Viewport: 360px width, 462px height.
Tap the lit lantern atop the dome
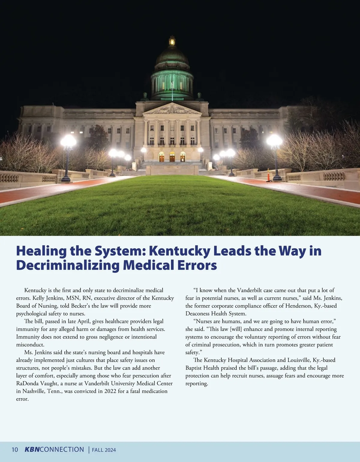click(x=172, y=41)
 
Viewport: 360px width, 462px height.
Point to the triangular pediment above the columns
click(x=172, y=109)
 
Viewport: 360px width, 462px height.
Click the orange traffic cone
click(x=268, y=175)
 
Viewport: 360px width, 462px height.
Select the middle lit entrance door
click(x=172, y=157)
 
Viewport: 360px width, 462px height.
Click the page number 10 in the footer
click(x=15, y=450)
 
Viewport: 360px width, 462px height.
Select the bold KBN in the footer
click(x=32, y=449)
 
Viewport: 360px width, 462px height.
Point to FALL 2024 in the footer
click(x=104, y=450)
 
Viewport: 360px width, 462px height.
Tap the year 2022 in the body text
click(x=110, y=391)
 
